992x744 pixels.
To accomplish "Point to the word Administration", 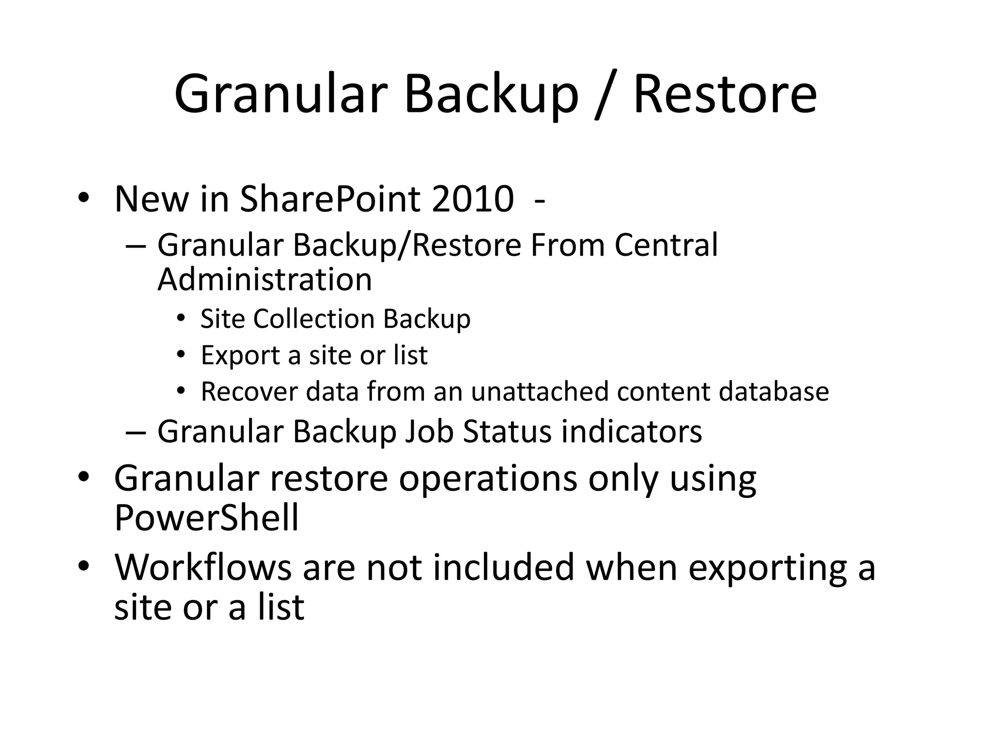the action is (264, 279).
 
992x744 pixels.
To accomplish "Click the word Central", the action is (666, 245).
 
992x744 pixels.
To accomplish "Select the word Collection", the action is (314, 319).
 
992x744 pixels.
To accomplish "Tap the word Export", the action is (240, 356).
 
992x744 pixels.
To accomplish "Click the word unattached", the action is (539, 391).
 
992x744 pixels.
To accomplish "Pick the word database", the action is (774, 391).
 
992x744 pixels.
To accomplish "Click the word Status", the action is (507, 431).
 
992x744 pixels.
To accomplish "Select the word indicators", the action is (632, 431).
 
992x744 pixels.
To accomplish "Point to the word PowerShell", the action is (206, 518).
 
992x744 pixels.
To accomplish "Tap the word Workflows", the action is (202, 567).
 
